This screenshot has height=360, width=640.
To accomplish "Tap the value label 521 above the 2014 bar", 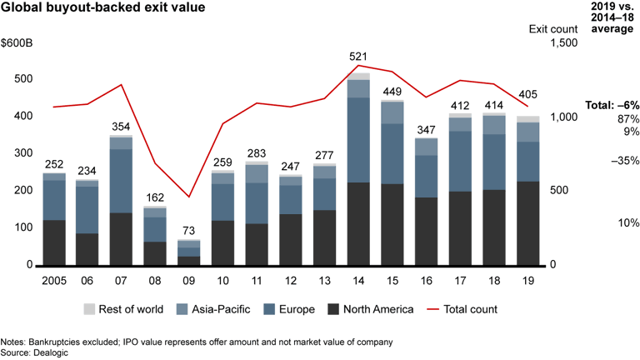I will [x=358, y=57].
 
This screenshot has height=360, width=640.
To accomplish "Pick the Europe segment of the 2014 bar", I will [x=358, y=139].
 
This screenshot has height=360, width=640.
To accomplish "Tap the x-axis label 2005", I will [x=54, y=279].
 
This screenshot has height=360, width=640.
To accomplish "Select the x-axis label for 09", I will [x=190, y=279].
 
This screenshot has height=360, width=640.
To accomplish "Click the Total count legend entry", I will [x=466, y=309].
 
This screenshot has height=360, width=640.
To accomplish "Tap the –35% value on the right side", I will [x=620, y=161].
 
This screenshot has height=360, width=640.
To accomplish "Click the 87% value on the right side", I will [x=625, y=118].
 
